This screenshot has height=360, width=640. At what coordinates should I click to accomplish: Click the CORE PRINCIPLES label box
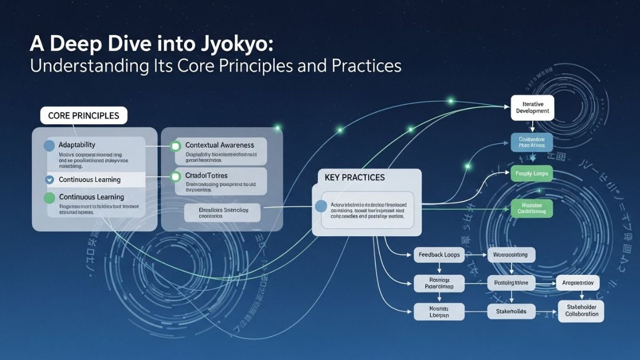[x=84, y=115]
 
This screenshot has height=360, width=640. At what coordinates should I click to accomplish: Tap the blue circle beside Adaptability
[x=49, y=145]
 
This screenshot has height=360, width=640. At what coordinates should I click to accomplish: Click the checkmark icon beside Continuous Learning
[x=49, y=180]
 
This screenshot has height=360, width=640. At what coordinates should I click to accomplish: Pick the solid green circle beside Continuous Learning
[x=49, y=197]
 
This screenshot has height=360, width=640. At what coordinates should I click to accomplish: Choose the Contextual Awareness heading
[x=219, y=145]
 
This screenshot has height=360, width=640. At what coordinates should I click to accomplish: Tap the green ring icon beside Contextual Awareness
[x=174, y=146]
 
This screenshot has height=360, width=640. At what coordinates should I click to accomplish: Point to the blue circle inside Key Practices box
[x=321, y=206]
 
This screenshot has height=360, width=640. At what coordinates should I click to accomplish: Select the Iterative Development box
[x=532, y=107]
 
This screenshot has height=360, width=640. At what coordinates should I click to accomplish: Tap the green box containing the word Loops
[x=532, y=173]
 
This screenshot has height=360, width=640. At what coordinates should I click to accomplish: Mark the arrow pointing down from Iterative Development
[x=532, y=127]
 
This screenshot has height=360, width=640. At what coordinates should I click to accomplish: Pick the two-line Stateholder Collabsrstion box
[x=581, y=310]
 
